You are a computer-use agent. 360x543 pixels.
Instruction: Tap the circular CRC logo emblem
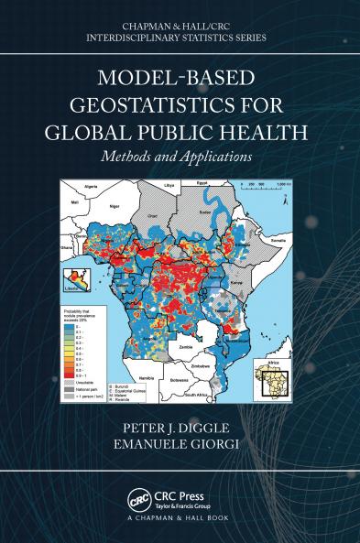coord(138,501)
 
